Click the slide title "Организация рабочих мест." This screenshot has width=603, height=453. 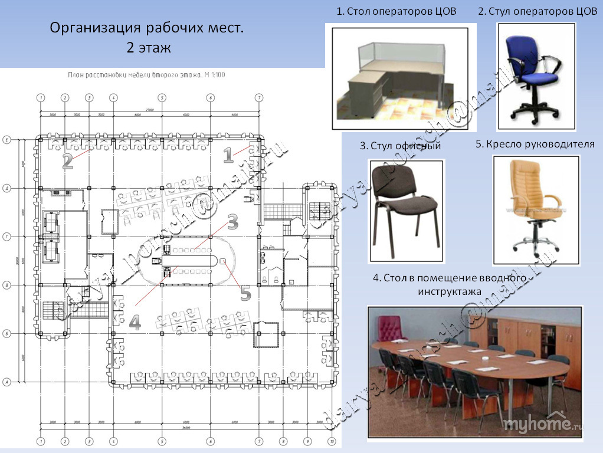click(146, 28)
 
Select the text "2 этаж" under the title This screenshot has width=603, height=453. click(148, 48)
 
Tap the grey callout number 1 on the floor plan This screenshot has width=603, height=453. click(228, 155)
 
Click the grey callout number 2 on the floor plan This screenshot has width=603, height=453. click(68, 161)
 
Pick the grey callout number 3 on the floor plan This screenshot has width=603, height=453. click(232, 222)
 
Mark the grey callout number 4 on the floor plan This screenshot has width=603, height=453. click(135, 323)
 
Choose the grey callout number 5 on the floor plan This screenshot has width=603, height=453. click(245, 293)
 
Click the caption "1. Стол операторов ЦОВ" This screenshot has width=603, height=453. click(396, 11)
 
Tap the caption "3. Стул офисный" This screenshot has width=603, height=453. click(401, 146)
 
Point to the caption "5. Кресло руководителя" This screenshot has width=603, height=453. click(535, 144)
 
